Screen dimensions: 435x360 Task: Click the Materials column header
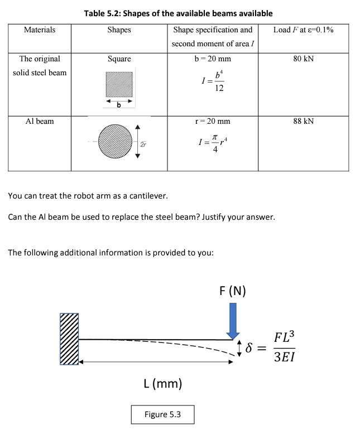click(40, 30)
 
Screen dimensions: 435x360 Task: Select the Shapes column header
click(119, 30)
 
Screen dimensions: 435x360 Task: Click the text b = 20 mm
click(212, 59)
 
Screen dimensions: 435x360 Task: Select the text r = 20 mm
click(212, 121)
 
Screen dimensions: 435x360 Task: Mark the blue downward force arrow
click(233, 320)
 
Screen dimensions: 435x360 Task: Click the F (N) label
click(233, 291)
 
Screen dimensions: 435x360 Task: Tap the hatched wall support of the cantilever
click(69, 339)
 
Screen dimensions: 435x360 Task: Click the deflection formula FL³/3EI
click(283, 347)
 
